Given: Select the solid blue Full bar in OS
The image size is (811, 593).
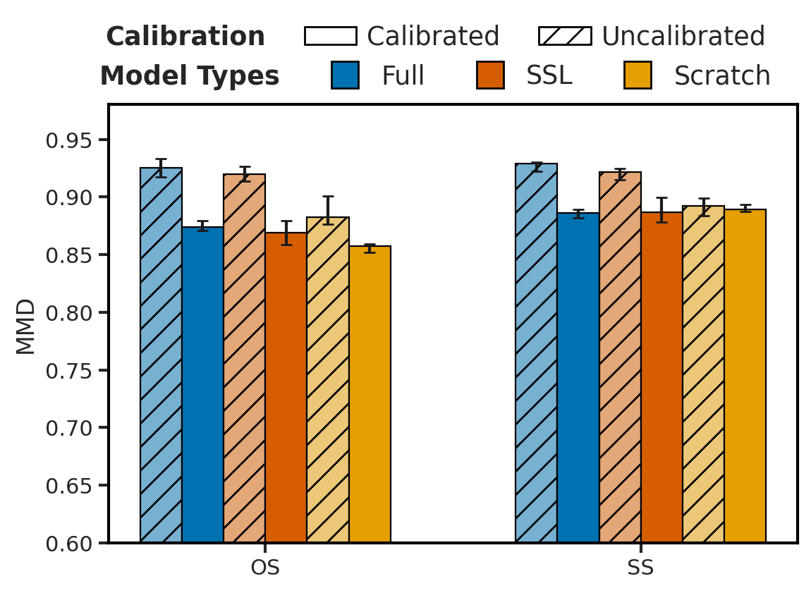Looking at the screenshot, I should click(x=202, y=385).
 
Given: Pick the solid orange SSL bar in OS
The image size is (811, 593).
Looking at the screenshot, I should click(x=286, y=387).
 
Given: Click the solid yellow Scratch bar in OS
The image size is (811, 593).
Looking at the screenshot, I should click(x=370, y=394).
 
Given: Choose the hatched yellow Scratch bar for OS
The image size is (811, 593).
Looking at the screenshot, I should click(x=327, y=380).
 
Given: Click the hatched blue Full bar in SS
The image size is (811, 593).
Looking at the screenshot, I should click(x=536, y=353).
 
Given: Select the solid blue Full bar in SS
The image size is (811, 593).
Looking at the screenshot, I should click(x=578, y=378).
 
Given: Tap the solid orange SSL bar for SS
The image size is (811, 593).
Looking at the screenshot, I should click(x=661, y=377).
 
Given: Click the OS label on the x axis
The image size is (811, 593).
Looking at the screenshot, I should click(x=265, y=568).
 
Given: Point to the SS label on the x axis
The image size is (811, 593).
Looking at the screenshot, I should click(x=640, y=568).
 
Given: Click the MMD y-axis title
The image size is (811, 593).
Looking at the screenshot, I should click(x=26, y=326).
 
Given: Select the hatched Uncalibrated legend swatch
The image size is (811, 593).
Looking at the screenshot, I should click(x=565, y=36).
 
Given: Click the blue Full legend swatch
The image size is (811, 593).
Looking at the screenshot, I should click(x=345, y=75).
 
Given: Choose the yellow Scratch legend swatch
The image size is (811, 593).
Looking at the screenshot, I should click(x=637, y=75).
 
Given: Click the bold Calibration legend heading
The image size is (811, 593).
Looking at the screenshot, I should click(x=185, y=37).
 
